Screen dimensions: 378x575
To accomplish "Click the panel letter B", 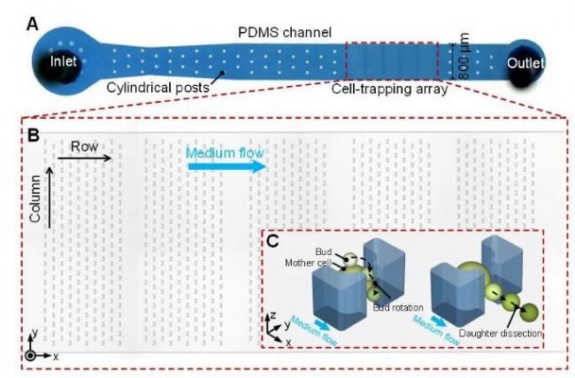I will coord(32,135).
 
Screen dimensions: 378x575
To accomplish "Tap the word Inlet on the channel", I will coord(65,61).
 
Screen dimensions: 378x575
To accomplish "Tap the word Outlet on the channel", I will coord(525,63).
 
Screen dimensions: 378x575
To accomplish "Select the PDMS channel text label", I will coord(284,32).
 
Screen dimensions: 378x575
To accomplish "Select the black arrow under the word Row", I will coord(85,158).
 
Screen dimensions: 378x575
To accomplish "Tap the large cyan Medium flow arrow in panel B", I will coord(226,166).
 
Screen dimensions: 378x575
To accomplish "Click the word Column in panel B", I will coord(36,199).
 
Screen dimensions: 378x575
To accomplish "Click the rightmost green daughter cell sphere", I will coord(530,312).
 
